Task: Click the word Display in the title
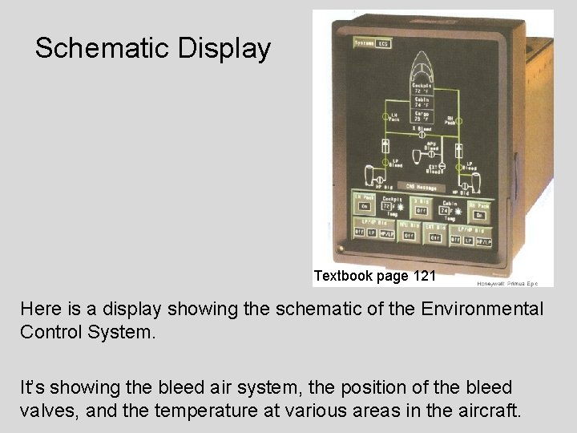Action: (224, 48)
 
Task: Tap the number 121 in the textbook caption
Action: (425, 277)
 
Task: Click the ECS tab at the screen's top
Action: (383, 44)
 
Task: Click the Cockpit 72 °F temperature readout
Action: (422, 88)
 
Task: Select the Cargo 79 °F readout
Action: (422, 116)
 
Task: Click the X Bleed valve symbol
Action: (422, 135)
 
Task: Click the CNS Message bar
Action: (422, 187)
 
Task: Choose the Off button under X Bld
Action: (422, 211)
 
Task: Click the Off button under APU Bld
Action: (410, 237)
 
